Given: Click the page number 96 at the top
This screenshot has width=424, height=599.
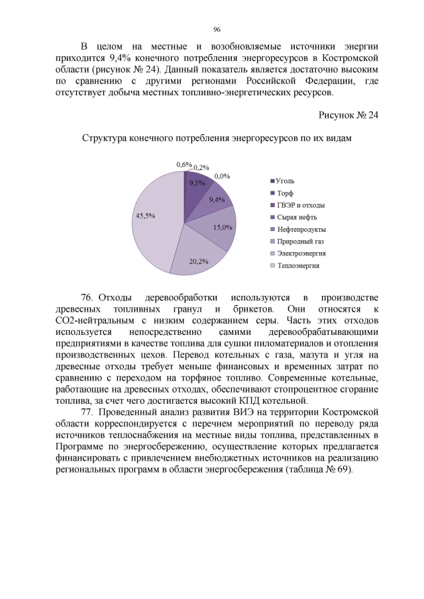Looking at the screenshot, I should (216, 30).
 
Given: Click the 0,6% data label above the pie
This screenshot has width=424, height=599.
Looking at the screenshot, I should (184, 164).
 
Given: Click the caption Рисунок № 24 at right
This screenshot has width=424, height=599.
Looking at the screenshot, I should (348, 115).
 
